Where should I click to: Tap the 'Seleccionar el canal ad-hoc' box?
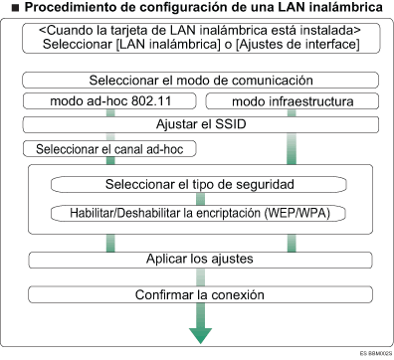click(x=108, y=149)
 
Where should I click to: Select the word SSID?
click(x=241, y=124)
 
